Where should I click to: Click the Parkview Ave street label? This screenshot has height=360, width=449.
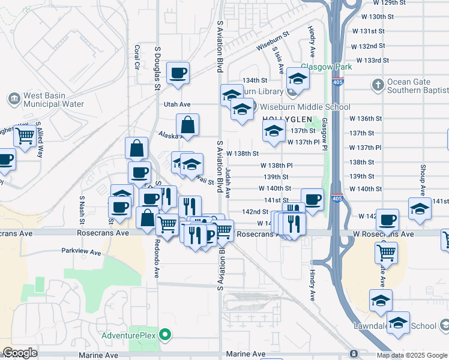(x=81, y=253)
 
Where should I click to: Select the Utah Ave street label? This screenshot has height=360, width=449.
(x=177, y=104)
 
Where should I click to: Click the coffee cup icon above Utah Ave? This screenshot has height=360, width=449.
(x=178, y=73)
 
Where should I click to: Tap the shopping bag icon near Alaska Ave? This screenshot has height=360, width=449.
(x=187, y=125)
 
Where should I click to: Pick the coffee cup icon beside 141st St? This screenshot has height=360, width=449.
(x=312, y=199)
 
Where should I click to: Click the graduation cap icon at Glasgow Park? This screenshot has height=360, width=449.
(x=298, y=79)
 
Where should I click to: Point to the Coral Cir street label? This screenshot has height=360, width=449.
(x=137, y=56)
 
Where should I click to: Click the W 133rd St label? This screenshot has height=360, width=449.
(x=373, y=61)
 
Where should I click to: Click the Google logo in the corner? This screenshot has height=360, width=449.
(x=19, y=353)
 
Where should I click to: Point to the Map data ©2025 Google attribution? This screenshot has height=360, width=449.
(x=412, y=355)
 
